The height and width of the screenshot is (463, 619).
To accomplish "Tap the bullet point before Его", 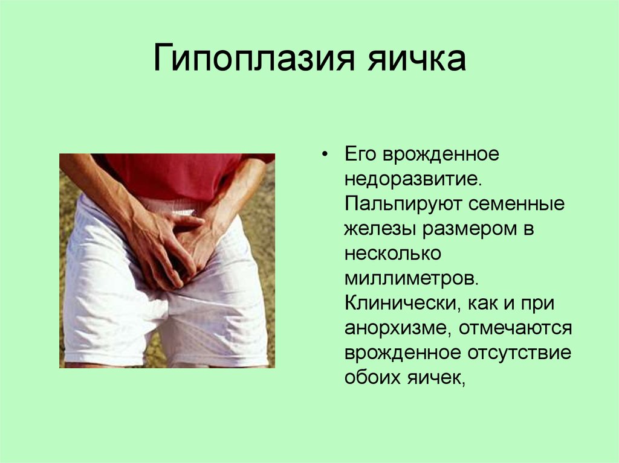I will pyautogui.click(x=325, y=155).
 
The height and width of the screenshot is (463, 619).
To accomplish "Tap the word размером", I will pyautogui.click(x=466, y=229).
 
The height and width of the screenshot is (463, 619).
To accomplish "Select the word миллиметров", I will pyautogui.click(x=412, y=278).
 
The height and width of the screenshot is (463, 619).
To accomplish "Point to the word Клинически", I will pyautogui.click(x=400, y=303).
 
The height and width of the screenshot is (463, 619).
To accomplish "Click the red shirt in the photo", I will pyautogui.click(x=175, y=175).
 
